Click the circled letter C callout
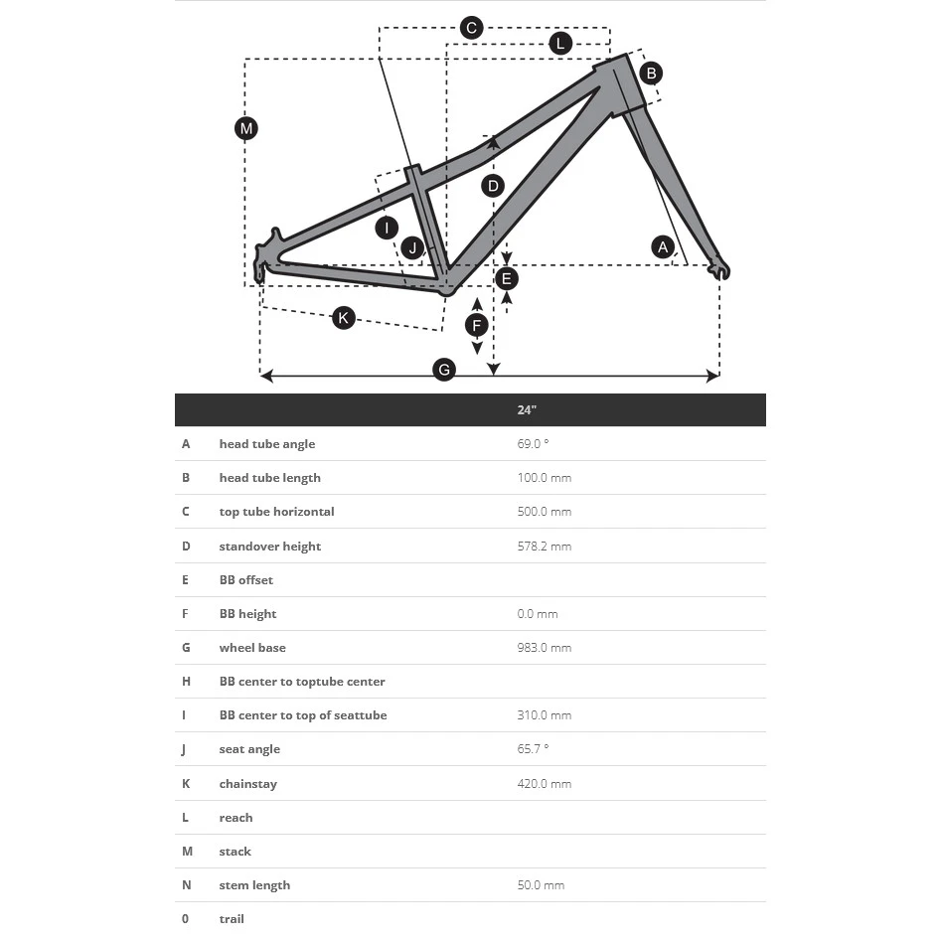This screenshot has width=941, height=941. tap(472, 28)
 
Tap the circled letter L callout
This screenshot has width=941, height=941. tap(560, 43)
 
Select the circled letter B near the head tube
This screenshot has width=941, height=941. tap(651, 73)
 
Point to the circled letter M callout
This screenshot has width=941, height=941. tap(246, 128)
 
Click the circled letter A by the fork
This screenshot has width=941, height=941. tap(663, 246)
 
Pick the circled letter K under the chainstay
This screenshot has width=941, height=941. tap(343, 318)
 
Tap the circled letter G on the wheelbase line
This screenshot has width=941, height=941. tap(444, 370)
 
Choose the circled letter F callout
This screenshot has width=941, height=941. tap(477, 326)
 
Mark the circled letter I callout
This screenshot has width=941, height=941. tap(387, 228)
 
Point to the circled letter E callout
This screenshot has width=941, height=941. tap(507, 278)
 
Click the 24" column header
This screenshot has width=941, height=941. tap(527, 410)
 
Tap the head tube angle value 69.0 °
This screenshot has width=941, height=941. tap(533, 444)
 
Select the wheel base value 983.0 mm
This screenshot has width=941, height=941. tap(544, 648)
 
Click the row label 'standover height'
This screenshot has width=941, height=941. tap(269, 547)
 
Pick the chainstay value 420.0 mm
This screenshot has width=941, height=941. tap(544, 784)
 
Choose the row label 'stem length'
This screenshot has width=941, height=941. tap(254, 885)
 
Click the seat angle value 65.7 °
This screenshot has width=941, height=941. tap(533, 749)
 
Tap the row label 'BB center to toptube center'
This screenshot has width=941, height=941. tap(302, 682)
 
